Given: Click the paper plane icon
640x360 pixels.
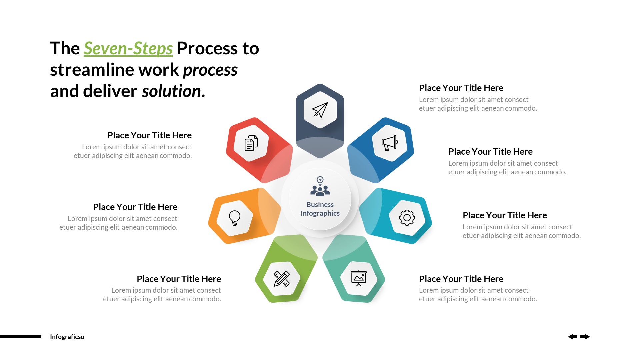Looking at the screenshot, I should (x=320, y=110).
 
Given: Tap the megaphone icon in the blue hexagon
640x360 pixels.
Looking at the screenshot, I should (x=390, y=143).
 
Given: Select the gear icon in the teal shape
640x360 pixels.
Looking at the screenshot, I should (x=407, y=218).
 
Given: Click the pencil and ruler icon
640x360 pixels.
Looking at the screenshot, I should (x=282, y=279).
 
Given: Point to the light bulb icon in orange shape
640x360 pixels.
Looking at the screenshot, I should (x=235, y=218).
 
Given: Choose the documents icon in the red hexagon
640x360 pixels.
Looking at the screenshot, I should (x=251, y=143).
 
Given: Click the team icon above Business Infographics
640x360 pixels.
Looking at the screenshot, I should (x=320, y=186).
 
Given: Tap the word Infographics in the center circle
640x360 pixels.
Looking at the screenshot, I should (x=320, y=213).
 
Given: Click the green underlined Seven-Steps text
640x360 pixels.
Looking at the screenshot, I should (x=128, y=49).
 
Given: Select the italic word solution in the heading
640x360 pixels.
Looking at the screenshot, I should (x=171, y=91).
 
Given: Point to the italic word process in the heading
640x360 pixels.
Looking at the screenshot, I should (x=210, y=70).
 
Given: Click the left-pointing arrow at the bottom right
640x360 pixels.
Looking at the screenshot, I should (x=573, y=337).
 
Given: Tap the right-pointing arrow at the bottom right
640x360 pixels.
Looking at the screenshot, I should (x=585, y=337).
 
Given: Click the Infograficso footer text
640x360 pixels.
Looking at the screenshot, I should (x=67, y=337).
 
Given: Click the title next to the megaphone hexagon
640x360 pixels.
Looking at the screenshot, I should (x=490, y=152).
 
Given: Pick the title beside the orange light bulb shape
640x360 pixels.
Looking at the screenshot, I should (x=135, y=207).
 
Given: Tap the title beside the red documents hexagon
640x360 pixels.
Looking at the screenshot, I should (x=149, y=135).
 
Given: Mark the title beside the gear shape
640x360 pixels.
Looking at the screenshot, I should (x=505, y=215).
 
